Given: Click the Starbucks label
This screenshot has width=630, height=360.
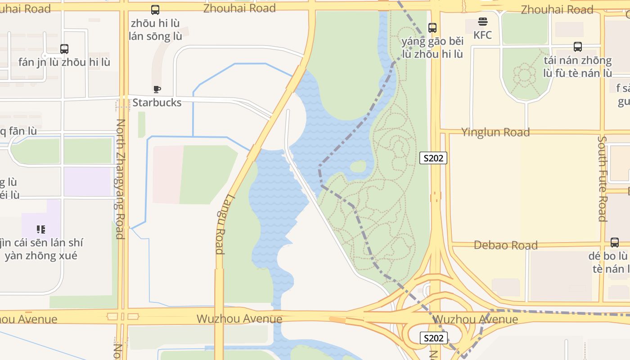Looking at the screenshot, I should tap(157, 103).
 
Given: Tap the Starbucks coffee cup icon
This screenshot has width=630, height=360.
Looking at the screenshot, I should tap(157, 89).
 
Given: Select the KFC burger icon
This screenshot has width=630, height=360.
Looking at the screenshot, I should tap(483, 22).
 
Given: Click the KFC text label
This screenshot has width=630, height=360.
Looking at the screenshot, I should tap(483, 35).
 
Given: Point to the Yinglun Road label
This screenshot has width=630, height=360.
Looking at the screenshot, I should tap(495, 132).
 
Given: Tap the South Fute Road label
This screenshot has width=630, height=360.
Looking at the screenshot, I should tap(603, 179).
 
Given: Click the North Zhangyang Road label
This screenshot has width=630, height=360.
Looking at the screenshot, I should tap(120, 179).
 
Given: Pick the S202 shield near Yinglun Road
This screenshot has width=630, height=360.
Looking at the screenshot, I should tap(433, 158).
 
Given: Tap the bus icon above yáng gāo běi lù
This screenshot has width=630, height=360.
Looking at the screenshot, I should tap(432, 27).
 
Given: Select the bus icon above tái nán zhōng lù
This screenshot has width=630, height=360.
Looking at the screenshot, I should tap(578, 46).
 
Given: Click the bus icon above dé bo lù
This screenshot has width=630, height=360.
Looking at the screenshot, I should tap(615, 243).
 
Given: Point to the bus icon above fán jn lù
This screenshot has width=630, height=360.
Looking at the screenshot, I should tap(64, 49).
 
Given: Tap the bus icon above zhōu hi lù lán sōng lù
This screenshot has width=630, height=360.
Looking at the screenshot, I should tap(155, 9).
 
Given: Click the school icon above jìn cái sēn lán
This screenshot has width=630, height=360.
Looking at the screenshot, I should tap(41, 229).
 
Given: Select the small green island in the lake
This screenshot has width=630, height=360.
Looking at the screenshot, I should tap(358, 166).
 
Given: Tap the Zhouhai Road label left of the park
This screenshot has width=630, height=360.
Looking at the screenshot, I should tap(239, 8).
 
